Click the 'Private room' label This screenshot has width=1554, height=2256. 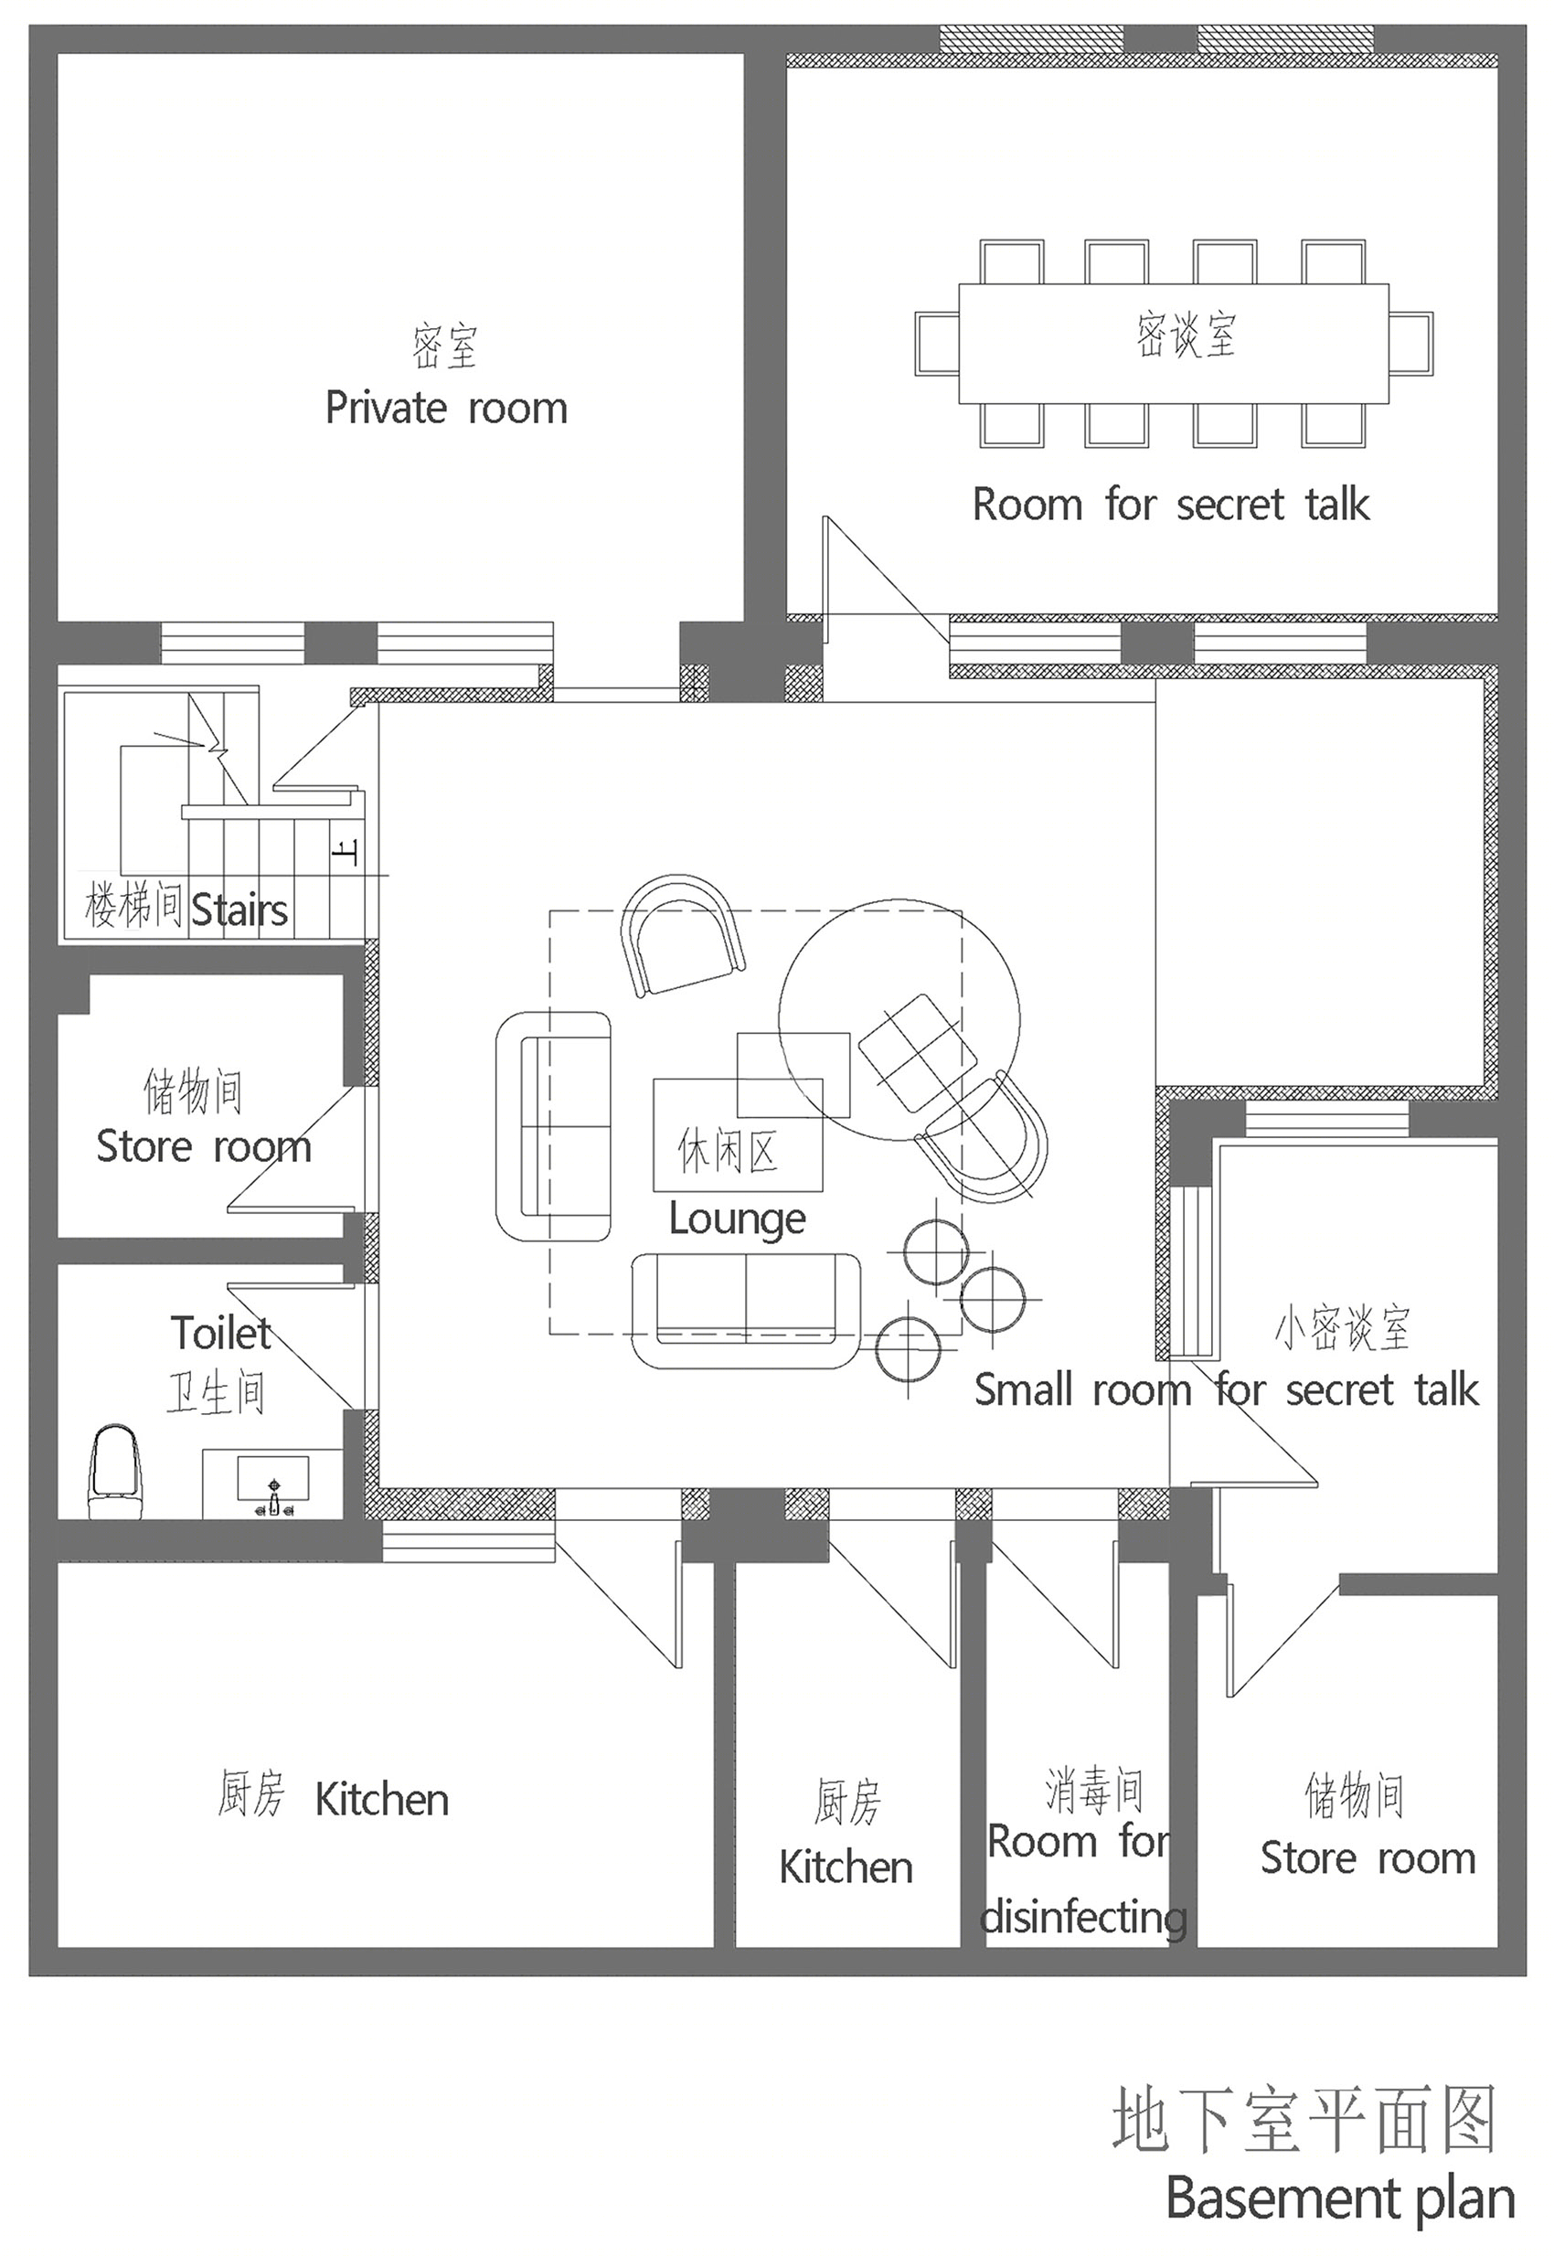tap(446, 408)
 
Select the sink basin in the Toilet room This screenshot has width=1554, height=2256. tap(272, 1477)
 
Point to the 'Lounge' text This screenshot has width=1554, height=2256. tap(737, 1219)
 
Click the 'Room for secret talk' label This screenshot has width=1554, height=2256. tap(1170, 505)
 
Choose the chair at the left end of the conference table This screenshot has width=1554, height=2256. tap(937, 344)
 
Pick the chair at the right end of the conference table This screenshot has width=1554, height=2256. tap(1410, 344)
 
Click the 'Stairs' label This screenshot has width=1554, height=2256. tap(239, 910)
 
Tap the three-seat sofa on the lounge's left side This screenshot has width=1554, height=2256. tap(553, 1126)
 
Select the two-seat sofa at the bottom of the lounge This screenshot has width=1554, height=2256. tap(746, 1311)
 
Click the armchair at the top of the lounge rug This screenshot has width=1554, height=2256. tap(682, 933)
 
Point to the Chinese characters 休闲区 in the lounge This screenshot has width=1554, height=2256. tap(728, 1151)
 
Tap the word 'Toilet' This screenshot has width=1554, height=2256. tap(221, 1333)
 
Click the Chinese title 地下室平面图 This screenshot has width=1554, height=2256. tap(1304, 2118)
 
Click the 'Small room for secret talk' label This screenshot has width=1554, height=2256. tap(1226, 1389)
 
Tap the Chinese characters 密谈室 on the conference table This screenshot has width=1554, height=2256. tap(1185, 334)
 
